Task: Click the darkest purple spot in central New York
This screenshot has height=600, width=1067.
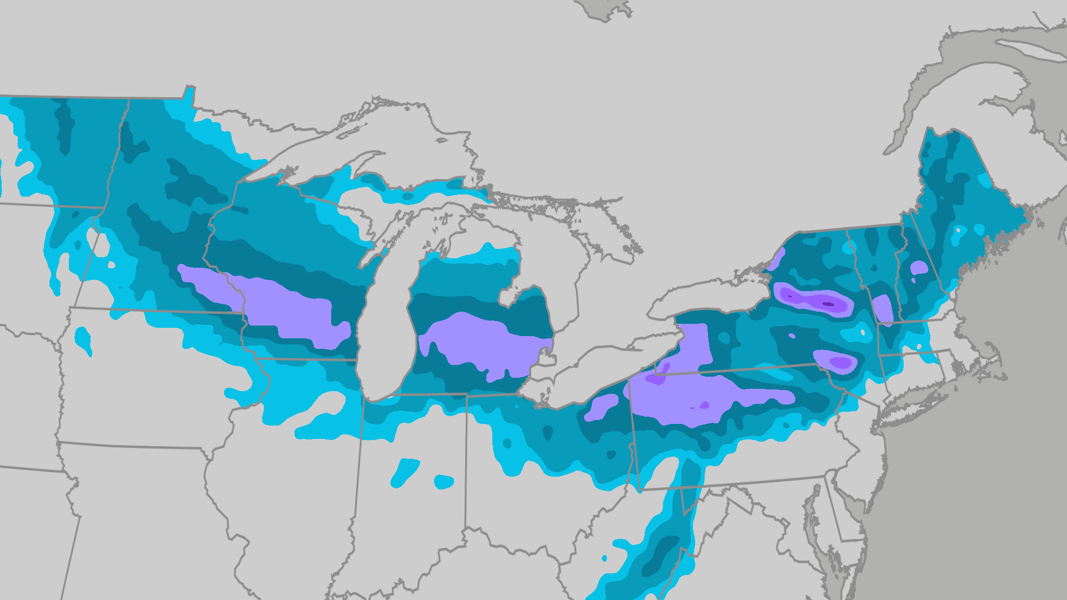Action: click(828, 304)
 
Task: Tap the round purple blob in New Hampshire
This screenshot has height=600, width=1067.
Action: click(919, 268)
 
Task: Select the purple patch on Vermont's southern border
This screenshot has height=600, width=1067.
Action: click(882, 308)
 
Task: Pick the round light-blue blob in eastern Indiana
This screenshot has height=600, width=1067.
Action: click(443, 482)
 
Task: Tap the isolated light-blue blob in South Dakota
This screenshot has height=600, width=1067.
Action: click(83, 339)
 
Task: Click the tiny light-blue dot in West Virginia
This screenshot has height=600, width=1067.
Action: click(605, 558)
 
